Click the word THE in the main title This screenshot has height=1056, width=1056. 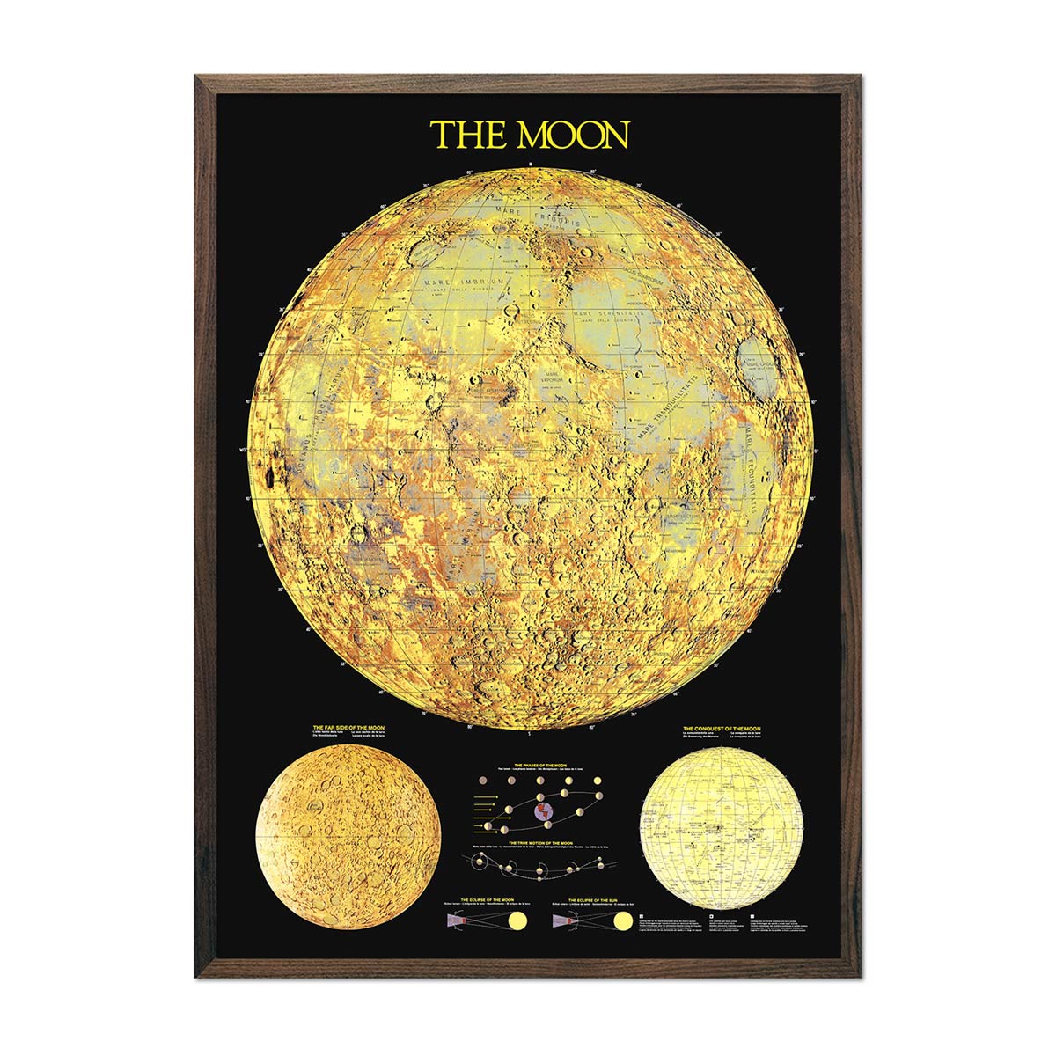click(x=470, y=135)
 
